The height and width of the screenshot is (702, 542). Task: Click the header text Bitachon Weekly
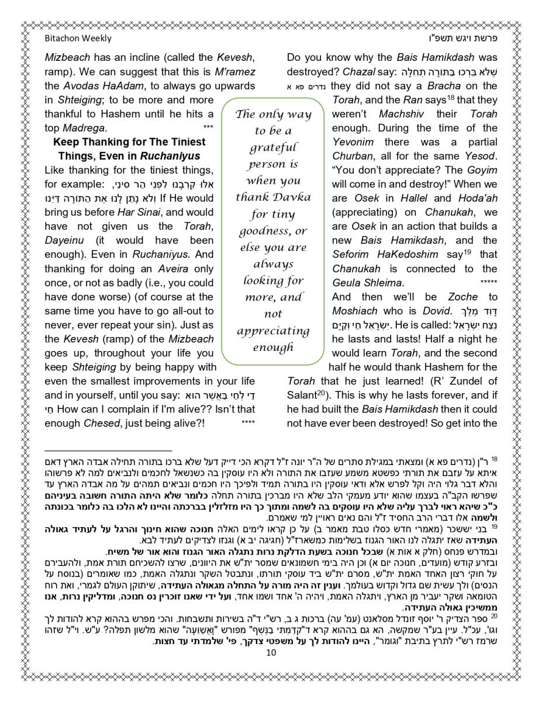pos(78,39)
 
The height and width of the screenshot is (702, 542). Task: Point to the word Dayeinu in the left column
pos(64,241)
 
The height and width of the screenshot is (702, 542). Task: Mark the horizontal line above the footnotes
pos(109,451)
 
